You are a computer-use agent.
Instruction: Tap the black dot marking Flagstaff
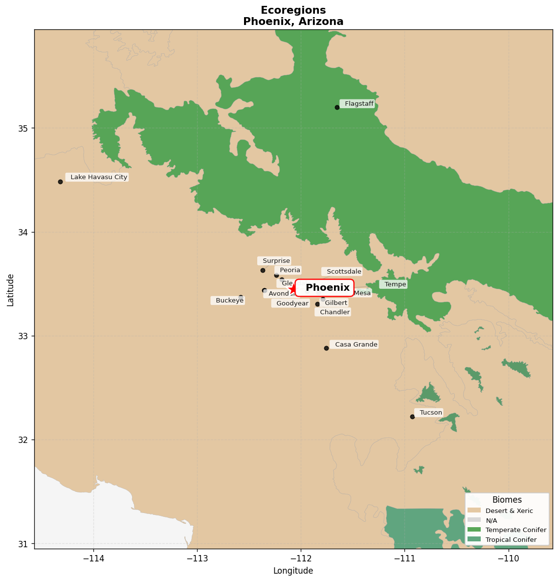click(337, 107)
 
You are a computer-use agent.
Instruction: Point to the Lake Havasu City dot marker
click(60, 182)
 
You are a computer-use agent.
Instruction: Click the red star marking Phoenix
click(292, 289)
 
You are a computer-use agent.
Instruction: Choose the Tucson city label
click(430, 413)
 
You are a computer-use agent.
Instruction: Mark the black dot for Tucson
click(412, 417)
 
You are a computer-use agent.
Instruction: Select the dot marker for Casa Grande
click(326, 348)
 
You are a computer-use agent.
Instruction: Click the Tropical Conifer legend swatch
click(474, 539)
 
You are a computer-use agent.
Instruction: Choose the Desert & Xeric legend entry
click(509, 511)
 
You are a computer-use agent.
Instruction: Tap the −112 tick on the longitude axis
click(300, 558)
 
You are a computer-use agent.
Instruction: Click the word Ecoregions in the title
click(293, 10)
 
